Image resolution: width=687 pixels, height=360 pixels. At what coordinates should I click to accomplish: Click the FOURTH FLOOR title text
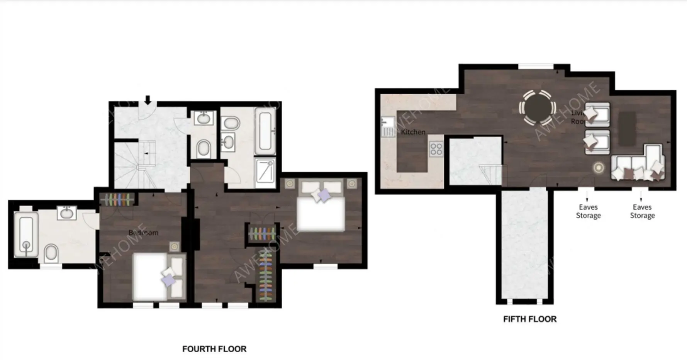coord(214,349)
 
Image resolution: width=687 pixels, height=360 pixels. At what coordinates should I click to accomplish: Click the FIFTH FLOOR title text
coord(530,319)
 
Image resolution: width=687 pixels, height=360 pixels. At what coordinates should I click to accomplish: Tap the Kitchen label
coord(413,132)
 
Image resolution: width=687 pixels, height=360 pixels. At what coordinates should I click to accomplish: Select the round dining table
coord(538,108)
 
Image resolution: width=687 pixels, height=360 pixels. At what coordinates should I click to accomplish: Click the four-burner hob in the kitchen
coord(436,149)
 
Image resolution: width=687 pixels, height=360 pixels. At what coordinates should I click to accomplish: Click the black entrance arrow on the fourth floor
coord(148,100)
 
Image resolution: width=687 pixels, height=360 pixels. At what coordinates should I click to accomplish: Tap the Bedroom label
coord(143,233)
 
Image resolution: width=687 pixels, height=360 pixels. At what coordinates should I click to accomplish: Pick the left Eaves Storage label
coord(588,211)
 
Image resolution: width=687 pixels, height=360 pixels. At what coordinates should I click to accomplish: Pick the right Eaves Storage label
coord(642,211)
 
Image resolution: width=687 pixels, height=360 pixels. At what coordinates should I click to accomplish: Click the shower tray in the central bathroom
coord(265,170)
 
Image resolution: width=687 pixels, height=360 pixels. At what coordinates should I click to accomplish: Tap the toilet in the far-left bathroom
coord(51,253)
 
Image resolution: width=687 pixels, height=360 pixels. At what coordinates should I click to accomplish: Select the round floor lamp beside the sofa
coord(599,167)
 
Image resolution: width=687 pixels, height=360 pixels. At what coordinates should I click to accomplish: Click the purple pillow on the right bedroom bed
coord(324,195)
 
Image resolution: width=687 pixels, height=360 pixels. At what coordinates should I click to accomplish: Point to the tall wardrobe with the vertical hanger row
coord(265,276)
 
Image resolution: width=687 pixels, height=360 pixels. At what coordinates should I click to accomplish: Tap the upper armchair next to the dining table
coord(597,114)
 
